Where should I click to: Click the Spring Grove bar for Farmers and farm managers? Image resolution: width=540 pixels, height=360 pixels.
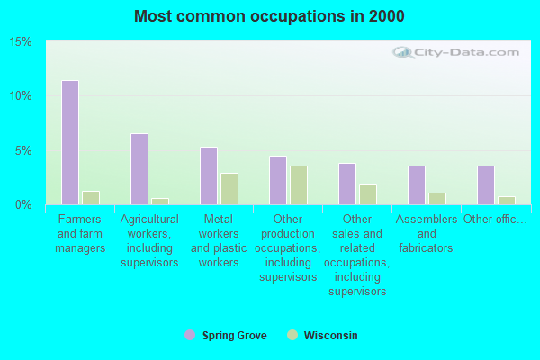coord(70,142)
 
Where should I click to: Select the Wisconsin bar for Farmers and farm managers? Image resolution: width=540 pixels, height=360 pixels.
coord(91,198)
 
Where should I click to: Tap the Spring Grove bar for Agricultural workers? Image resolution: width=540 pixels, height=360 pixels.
coord(139,169)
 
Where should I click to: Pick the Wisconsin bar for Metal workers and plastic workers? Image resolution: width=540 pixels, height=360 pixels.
coord(229,189)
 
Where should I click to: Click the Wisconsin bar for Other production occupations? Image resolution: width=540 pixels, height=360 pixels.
coord(299,185)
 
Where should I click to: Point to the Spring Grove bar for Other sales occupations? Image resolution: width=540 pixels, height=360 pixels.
coord(347,184)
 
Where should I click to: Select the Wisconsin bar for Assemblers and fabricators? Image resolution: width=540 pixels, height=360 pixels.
coord(437,199)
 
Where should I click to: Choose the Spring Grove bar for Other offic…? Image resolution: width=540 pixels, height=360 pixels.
coord(486,185)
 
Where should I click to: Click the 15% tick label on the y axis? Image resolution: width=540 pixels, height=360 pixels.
coord(21,41)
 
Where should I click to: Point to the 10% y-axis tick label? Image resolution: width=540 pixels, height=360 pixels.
coord(21,95)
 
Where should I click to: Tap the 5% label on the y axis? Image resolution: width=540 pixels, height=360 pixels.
coord(23,150)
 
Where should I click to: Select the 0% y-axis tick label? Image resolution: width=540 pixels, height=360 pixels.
coord(23,204)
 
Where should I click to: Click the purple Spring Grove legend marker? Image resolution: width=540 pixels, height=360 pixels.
coord(190,335)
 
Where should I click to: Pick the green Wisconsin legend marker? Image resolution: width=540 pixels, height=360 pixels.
coord(292,335)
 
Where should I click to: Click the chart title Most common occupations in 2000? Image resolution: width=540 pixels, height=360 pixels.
coord(269,16)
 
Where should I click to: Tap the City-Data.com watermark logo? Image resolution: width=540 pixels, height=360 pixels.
coord(455,52)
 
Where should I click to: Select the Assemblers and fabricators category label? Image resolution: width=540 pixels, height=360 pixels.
coord(427,234)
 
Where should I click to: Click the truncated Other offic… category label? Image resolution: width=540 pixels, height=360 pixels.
coord(495,219)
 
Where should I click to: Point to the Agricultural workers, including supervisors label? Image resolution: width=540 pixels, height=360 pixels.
coord(149,241)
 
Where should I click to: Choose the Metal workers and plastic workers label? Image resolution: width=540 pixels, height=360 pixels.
coord(219,241)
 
